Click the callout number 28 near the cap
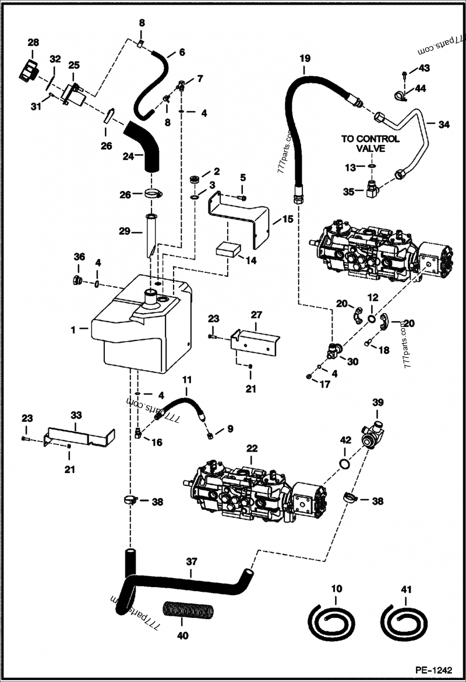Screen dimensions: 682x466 [x=33, y=42]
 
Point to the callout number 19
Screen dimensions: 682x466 [x=305, y=58]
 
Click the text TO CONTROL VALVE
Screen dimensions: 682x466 [x=370, y=144]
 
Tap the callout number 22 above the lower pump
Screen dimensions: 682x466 [x=252, y=448]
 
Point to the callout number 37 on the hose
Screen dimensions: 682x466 [x=192, y=562]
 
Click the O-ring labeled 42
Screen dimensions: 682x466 [x=345, y=464]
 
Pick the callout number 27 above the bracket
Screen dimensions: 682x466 [x=257, y=315]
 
